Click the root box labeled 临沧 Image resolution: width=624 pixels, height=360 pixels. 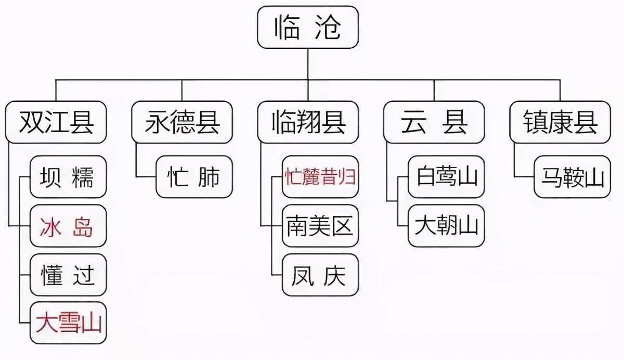[308, 27]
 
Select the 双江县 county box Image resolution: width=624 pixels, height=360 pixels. [56, 122]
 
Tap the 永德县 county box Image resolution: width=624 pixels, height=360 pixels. [182, 122]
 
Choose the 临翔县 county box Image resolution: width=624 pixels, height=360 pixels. [308, 122]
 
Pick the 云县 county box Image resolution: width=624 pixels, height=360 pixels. [434, 122]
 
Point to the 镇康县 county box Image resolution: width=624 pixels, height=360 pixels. [560, 122]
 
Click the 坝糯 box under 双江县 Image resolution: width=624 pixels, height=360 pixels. [68, 177]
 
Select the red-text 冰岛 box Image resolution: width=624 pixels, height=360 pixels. [68, 226]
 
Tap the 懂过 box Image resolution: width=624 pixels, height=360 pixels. [68, 275]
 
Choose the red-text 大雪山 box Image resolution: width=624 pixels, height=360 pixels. [68, 323]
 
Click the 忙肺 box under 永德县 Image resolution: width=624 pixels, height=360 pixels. [194, 177]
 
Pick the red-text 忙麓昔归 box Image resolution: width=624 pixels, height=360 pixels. [320, 177]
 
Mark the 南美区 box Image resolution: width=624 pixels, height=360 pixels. [320, 226]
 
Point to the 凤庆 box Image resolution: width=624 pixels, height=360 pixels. [320, 275]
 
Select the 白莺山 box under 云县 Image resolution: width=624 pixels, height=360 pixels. [446, 177]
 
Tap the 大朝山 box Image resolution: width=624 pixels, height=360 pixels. [446, 226]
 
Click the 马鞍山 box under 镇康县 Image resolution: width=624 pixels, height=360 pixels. [572, 177]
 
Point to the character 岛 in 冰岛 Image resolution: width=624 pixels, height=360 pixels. [83, 226]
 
